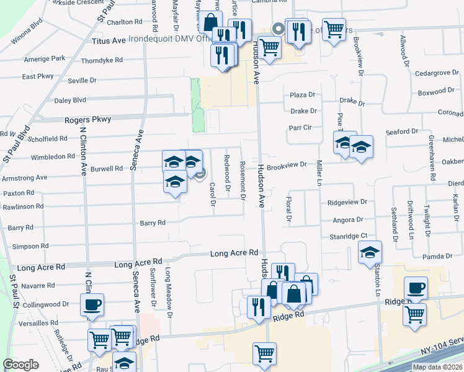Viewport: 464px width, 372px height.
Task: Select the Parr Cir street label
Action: tap(299, 128)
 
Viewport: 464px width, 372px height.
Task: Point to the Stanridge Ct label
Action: tap(348, 236)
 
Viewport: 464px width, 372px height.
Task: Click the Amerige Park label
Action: tap(44, 58)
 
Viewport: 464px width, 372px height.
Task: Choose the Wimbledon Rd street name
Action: tap(52, 157)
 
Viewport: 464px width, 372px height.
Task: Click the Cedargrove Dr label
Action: tap(436, 73)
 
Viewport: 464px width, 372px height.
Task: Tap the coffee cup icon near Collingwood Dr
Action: tap(92, 305)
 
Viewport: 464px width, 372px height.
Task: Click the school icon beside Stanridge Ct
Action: tap(370, 252)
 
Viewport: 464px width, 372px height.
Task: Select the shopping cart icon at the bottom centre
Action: tap(265, 353)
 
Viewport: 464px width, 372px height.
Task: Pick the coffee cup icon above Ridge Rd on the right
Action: tap(416, 288)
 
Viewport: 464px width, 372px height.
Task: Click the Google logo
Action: tap(20, 365)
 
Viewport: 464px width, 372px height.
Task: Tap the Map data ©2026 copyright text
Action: tap(437, 367)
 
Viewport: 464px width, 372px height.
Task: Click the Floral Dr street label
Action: tap(289, 209)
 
